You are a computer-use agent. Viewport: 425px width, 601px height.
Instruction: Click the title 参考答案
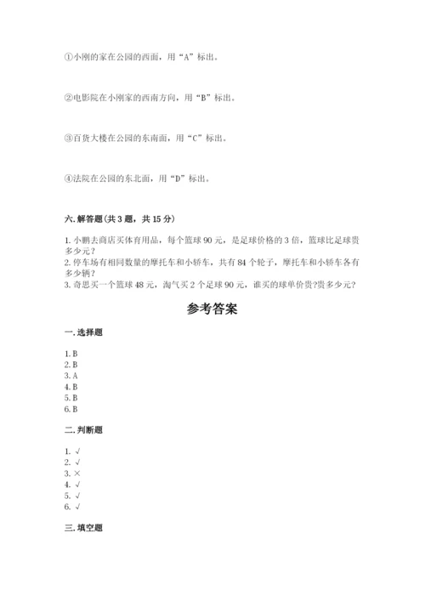(212, 309)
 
